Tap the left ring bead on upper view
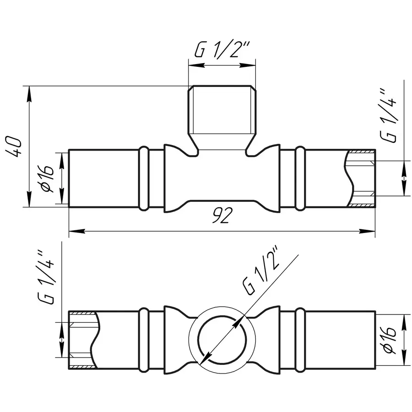(x=143, y=179)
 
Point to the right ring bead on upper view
(x=300, y=179)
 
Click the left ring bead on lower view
(x=143, y=340)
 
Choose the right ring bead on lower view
(x=300, y=340)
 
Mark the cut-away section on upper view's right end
(x=362, y=179)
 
